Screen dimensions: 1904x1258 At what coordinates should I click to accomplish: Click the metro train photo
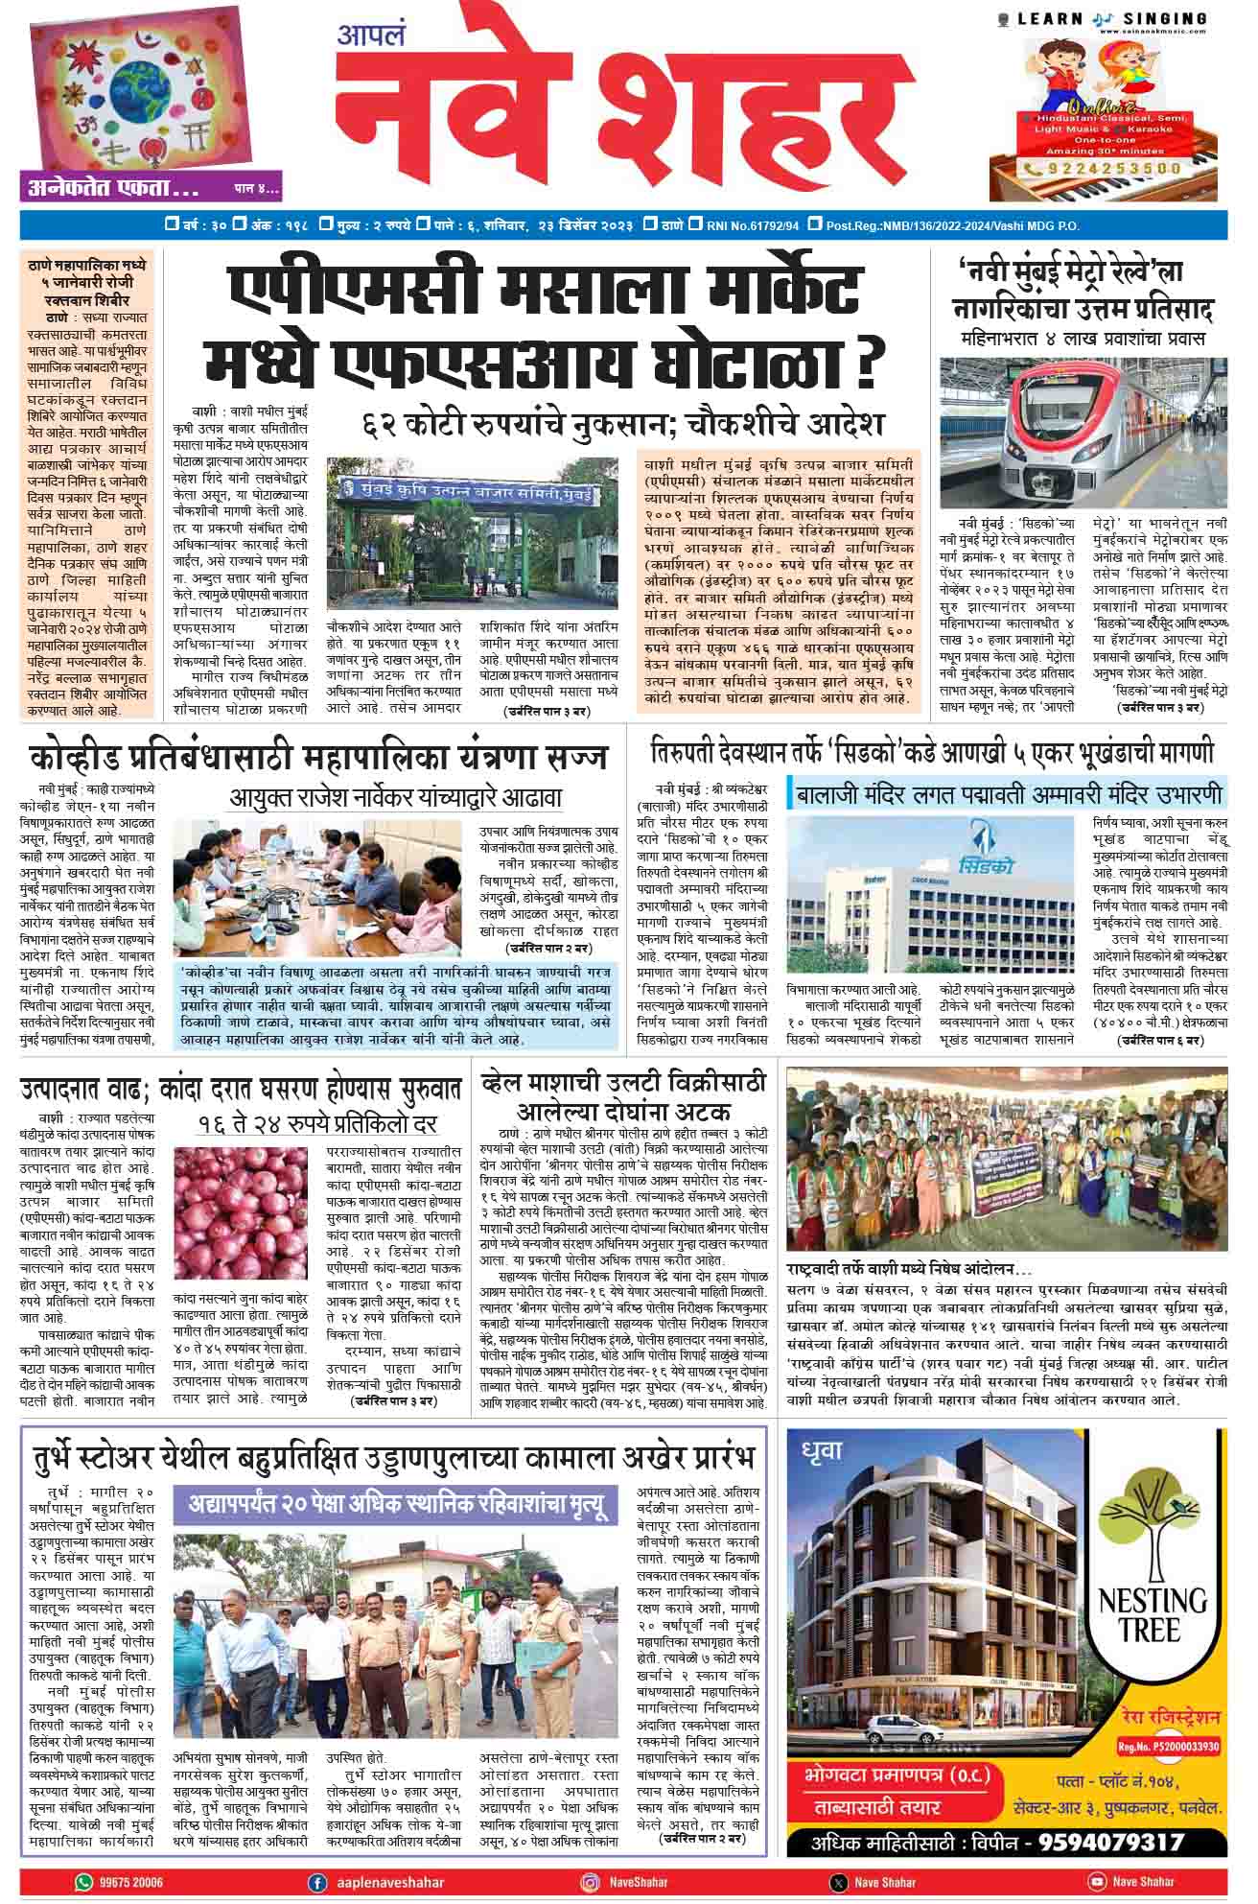pyautogui.click(x=1083, y=432)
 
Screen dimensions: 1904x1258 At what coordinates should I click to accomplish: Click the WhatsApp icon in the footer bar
pyautogui.click(x=84, y=1882)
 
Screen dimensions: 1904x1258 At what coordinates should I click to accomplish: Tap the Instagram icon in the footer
pyautogui.click(x=591, y=1882)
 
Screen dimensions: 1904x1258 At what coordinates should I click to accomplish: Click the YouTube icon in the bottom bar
pyautogui.click(x=1097, y=1882)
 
